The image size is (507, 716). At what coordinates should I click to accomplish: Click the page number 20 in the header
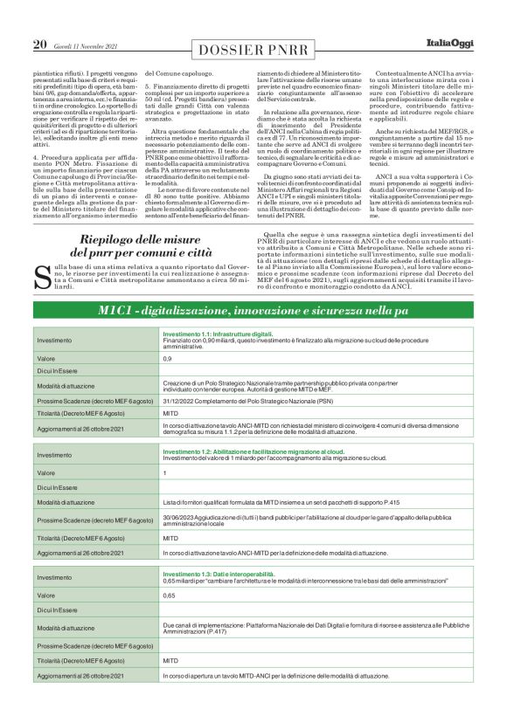39,45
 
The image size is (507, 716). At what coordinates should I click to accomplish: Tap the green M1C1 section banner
253,336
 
